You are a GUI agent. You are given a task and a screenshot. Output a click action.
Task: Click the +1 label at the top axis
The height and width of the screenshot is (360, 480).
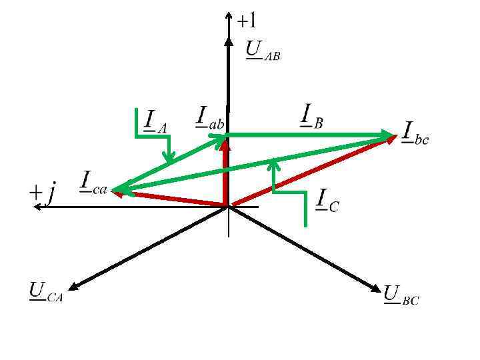(x=247, y=21)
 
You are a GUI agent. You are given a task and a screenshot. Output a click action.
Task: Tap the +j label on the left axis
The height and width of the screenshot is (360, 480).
(x=43, y=193)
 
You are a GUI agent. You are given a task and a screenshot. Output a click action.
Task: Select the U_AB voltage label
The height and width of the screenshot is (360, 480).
(x=263, y=51)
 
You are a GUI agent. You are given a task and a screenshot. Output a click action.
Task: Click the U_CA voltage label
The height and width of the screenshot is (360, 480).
(x=45, y=293)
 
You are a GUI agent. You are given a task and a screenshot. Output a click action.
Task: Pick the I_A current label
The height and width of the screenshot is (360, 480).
(x=155, y=121)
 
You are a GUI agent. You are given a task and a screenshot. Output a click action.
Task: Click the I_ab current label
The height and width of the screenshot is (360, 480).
(x=209, y=117)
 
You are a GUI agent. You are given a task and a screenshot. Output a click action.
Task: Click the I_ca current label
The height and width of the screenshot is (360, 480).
(x=93, y=182)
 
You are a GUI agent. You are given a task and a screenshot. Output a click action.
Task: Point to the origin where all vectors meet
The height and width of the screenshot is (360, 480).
(x=229, y=207)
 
